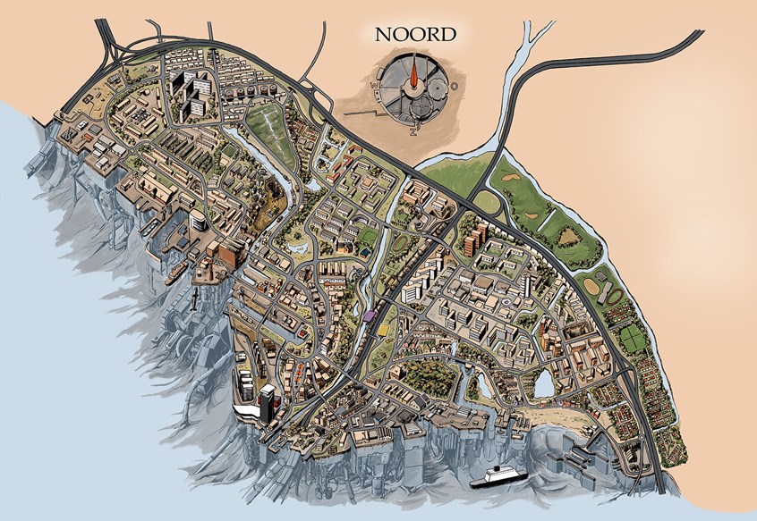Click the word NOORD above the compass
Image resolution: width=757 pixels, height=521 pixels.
415,35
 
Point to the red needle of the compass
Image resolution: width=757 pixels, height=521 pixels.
414,75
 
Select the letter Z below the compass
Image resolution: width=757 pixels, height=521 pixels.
413,130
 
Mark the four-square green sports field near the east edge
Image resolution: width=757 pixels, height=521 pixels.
633,337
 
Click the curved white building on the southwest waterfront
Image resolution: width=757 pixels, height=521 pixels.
246,409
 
